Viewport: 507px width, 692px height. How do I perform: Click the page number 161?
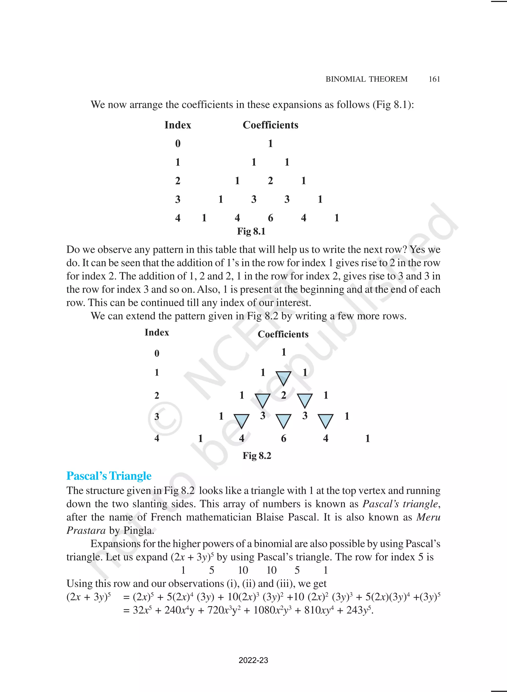pos(434,79)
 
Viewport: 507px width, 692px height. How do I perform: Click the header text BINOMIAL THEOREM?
pos(366,79)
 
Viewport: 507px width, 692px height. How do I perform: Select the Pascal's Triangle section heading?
pos(109,476)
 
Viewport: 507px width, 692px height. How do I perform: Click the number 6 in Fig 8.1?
pos(270,218)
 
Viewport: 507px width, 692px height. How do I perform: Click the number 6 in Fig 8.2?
pos(283,438)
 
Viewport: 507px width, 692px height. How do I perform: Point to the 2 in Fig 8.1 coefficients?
pos(270,181)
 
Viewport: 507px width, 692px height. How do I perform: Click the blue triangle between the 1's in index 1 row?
pos(283,378)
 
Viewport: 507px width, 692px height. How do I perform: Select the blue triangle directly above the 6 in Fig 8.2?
pos(283,421)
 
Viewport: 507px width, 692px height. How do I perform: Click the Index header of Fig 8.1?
pos(178,125)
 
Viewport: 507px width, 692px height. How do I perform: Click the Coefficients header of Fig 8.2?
pos(283,334)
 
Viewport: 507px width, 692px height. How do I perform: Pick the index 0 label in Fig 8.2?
pos(157,353)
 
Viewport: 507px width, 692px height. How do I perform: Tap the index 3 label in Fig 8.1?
pos(178,200)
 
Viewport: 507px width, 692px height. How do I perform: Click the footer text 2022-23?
pos(253,660)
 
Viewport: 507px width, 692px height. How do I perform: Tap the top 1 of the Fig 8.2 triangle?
pos(283,352)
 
